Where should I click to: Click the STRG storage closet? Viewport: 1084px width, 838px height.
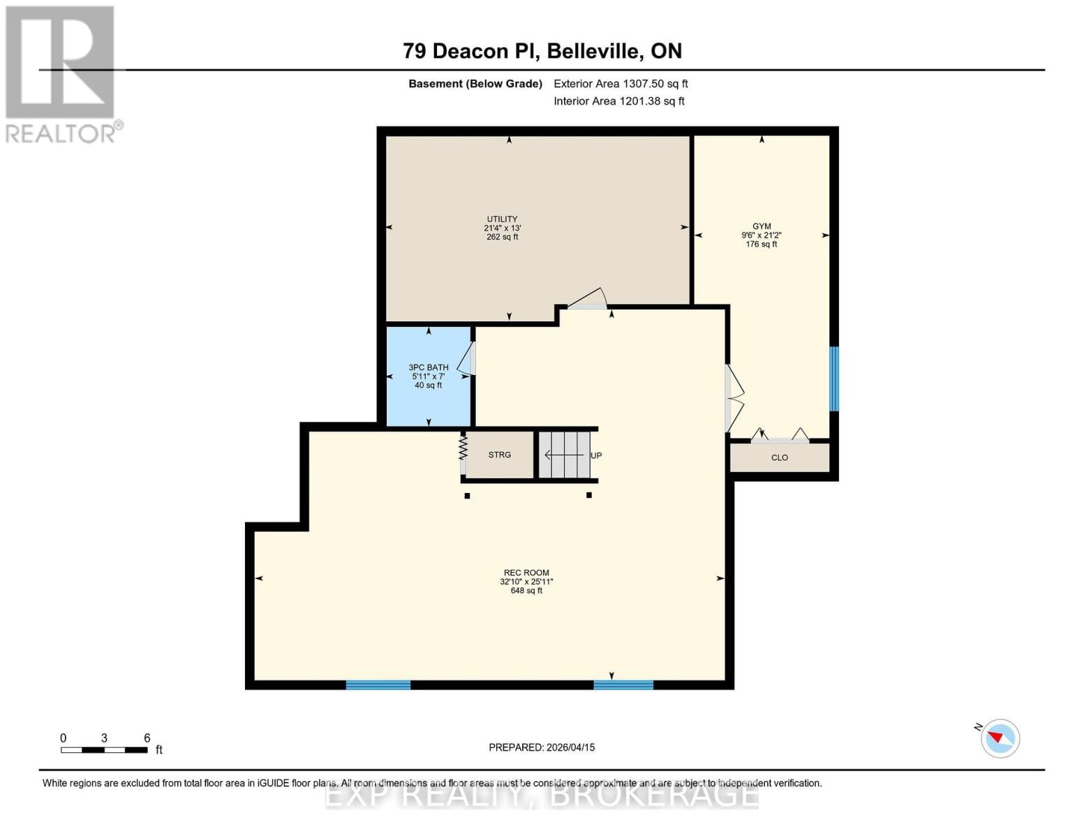coord(499,455)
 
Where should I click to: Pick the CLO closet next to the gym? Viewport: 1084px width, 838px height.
coord(780,457)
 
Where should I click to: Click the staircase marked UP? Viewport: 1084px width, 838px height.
coord(565,455)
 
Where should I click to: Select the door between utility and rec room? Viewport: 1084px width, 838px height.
coord(587,299)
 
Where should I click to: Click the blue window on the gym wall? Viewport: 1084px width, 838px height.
coord(833,378)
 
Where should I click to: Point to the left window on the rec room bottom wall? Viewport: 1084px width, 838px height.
coord(378,684)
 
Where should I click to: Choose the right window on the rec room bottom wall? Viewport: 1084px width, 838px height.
coord(623,684)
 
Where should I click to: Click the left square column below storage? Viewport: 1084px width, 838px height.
coord(468,496)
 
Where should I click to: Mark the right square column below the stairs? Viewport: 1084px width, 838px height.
coord(589,495)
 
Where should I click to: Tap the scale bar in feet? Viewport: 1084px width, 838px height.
coord(104,750)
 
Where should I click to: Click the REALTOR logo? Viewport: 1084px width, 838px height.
coord(61,73)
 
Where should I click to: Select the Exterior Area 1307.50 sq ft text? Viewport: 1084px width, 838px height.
coord(621,84)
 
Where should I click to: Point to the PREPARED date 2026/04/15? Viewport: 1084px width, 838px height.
coord(542,747)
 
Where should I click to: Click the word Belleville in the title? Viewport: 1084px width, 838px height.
coord(593,51)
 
